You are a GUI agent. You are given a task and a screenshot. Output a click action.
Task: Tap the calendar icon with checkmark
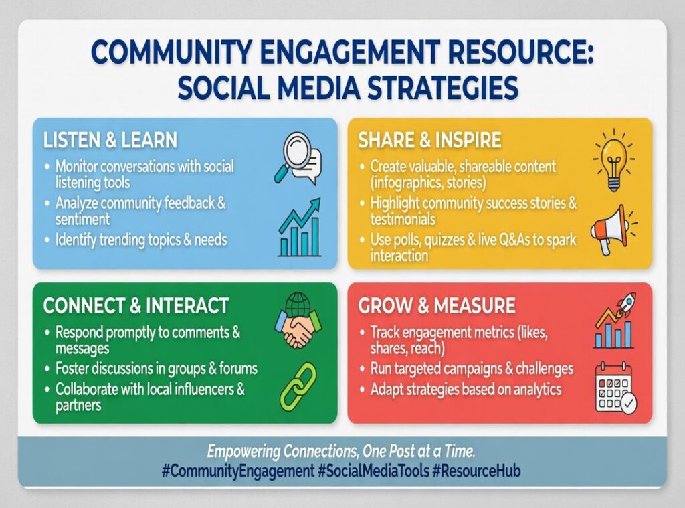(615, 388)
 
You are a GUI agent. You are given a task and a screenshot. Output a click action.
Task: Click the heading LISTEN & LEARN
(110, 140)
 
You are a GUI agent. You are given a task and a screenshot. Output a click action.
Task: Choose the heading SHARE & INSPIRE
(429, 140)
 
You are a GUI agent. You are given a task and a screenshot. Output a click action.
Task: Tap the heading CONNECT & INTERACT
(136, 305)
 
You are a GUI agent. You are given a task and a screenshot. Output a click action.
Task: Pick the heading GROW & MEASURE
(437, 306)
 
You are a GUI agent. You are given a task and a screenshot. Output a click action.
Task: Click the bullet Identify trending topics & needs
(141, 240)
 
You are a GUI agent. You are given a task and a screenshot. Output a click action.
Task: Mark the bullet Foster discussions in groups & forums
(156, 368)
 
